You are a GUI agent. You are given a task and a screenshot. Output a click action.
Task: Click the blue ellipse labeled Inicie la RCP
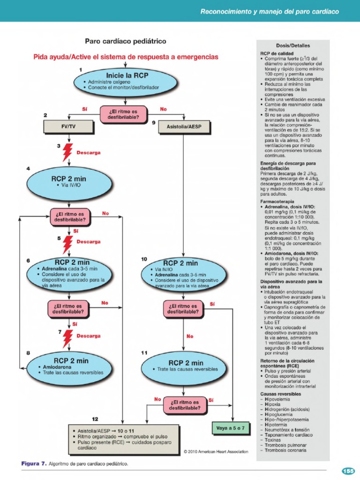coord(126,81)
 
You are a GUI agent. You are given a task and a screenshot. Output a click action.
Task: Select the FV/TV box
coord(69,126)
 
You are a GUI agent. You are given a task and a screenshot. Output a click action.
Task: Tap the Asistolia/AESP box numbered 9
coord(182,126)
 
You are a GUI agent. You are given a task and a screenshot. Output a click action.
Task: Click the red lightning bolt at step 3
coord(68,151)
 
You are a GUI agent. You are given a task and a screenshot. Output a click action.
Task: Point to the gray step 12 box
coord(123,439)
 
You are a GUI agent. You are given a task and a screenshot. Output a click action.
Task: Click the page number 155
coord(348,471)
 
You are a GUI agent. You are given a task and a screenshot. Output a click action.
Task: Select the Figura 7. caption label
coord(34,464)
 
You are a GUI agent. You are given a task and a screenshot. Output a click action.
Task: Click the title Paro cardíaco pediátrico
coord(125,42)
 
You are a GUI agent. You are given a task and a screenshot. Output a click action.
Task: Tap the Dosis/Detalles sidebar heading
coord(293,45)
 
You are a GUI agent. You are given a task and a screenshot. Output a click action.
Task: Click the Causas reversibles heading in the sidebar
coord(281,394)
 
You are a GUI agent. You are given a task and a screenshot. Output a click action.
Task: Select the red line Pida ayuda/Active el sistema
coord(126,57)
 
